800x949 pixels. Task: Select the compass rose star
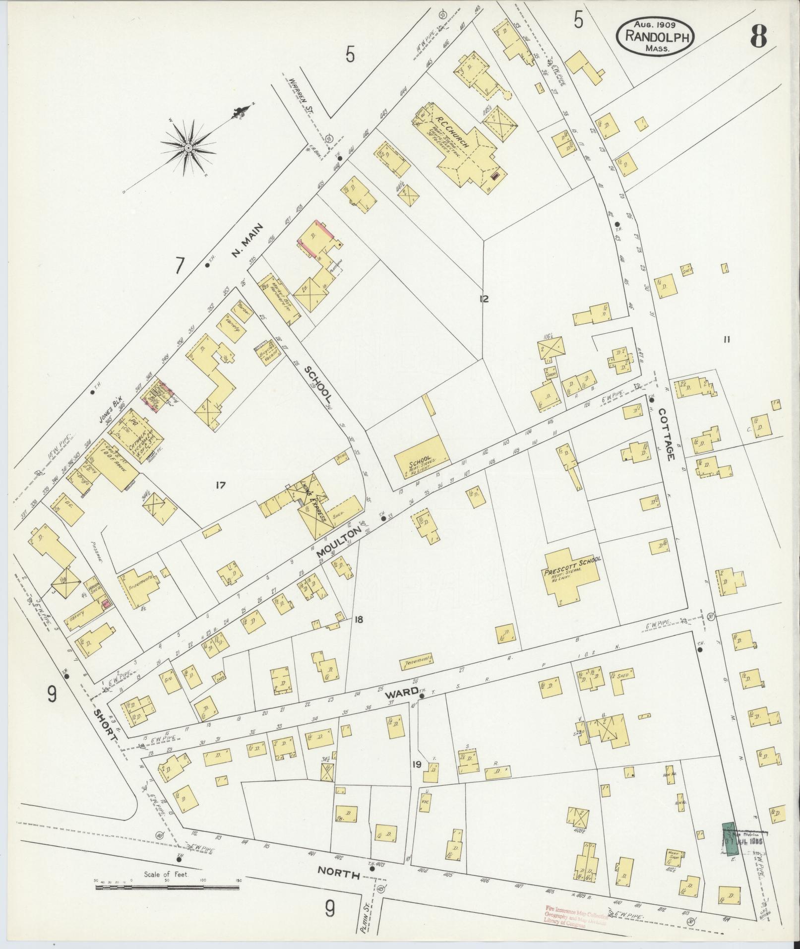click(x=188, y=148)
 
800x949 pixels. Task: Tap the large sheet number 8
click(x=758, y=36)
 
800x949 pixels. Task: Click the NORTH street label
click(x=339, y=872)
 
